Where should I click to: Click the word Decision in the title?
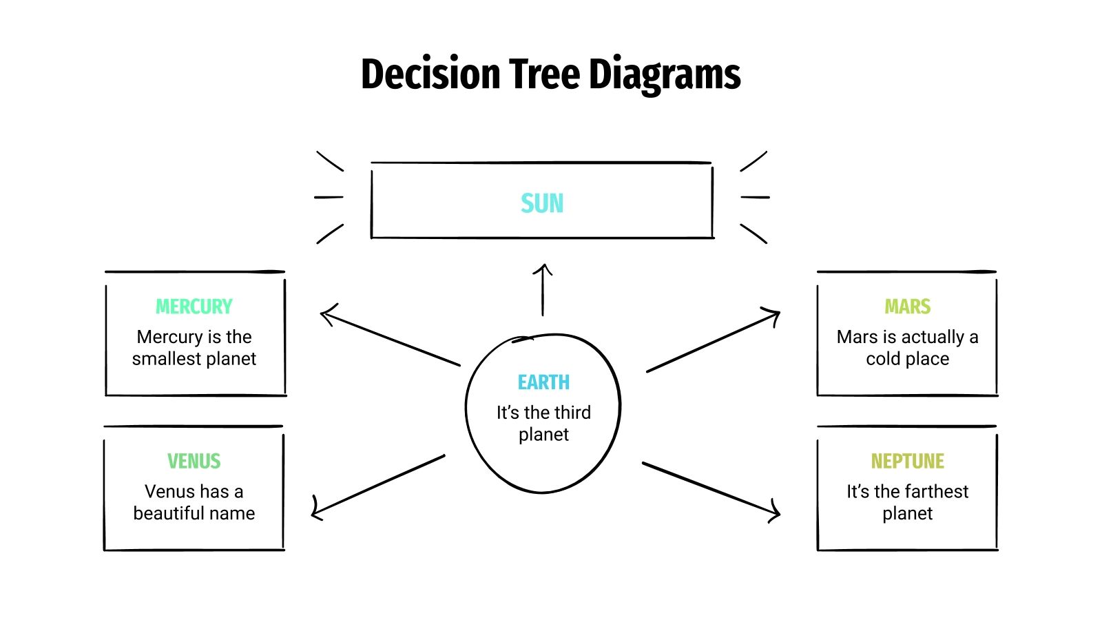point(430,74)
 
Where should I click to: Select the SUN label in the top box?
point(542,203)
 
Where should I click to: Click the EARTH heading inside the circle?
point(543,382)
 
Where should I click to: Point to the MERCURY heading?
point(194,307)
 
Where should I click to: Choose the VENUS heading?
point(194,461)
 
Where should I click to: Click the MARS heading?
point(907,307)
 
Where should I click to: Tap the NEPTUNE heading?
point(907,461)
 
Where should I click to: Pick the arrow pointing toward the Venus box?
point(379,485)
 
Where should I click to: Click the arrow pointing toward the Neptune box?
point(711,488)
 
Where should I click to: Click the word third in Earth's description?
point(572,413)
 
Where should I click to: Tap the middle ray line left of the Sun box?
point(329,197)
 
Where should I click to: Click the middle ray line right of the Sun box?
point(755,197)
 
